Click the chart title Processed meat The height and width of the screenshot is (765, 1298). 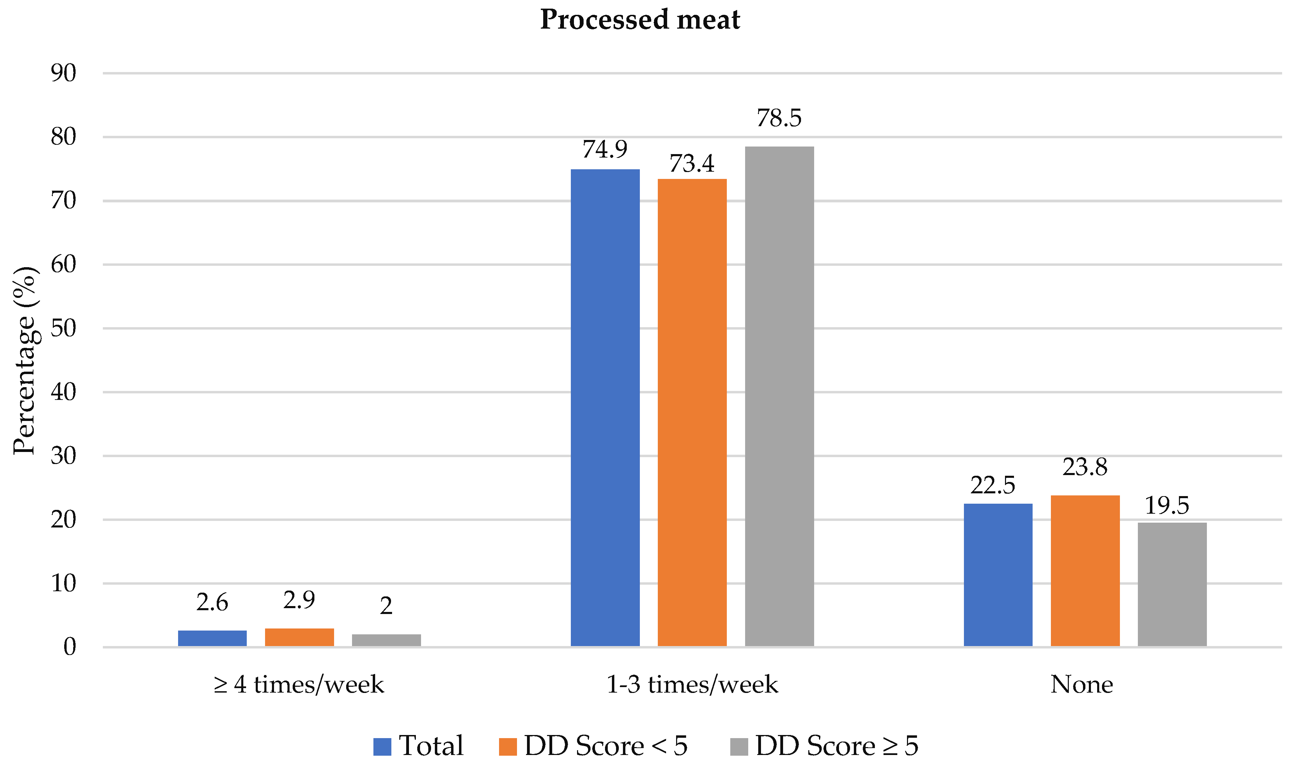(640, 20)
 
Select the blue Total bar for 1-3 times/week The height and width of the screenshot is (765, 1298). (605, 407)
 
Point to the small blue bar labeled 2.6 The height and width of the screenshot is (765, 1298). (212, 638)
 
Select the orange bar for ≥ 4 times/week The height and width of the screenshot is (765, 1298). (299, 637)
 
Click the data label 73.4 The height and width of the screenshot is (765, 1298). (692, 164)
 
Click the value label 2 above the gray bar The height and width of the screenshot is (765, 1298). (386, 606)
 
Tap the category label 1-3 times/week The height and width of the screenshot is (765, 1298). (692, 685)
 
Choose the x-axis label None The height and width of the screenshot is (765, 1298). (1081, 685)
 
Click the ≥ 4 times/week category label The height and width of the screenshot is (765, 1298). (299, 685)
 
